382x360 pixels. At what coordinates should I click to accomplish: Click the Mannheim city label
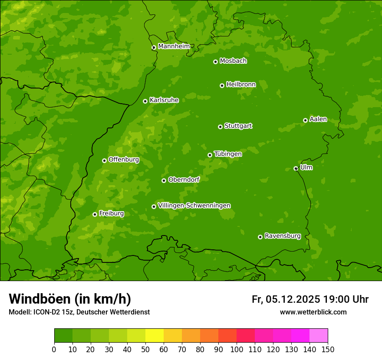click(x=174, y=46)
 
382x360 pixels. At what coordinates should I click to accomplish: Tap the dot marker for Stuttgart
click(x=220, y=127)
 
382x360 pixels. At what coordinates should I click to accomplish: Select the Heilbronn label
click(x=241, y=84)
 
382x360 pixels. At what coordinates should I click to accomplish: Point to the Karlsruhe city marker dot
click(x=145, y=101)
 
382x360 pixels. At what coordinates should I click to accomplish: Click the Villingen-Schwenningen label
click(x=194, y=205)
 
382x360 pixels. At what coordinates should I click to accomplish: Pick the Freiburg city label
click(x=111, y=213)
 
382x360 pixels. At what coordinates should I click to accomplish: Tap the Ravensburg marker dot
click(x=260, y=237)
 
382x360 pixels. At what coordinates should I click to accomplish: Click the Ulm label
click(x=306, y=167)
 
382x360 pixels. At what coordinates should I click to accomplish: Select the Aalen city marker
click(x=305, y=120)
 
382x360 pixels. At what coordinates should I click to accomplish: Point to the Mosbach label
click(x=233, y=61)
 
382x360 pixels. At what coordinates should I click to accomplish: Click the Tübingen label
click(x=228, y=154)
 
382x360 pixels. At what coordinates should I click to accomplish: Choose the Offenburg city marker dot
click(x=104, y=160)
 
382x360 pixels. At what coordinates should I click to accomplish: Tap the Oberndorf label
click(x=184, y=179)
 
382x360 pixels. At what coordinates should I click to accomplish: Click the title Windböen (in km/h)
click(x=70, y=299)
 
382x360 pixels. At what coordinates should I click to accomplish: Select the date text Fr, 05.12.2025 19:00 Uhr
click(x=310, y=299)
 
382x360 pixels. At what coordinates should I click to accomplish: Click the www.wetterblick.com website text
click(x=313, y=312)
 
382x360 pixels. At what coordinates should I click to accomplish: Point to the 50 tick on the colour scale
click(x=145, y=349)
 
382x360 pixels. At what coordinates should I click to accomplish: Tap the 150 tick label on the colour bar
click(x=328, y=349)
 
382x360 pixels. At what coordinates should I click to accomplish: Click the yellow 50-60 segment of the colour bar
click(x=155, y=336)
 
